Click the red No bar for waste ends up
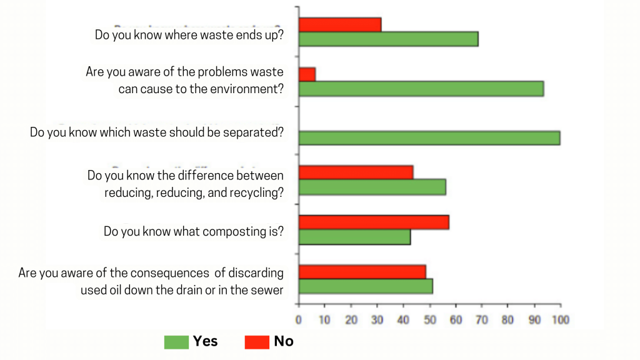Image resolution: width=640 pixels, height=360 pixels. (340, 24)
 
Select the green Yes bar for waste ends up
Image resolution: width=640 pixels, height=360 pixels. (388, 39)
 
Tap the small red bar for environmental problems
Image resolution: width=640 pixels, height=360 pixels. (307, 74)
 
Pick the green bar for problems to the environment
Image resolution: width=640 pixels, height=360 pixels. (421, 89)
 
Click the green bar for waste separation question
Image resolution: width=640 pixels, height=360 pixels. (429, 138)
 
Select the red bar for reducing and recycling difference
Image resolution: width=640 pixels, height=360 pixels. (356, 172)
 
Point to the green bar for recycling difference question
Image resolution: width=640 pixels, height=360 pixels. (372, 187)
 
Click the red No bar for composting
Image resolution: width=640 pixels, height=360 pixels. (374, 222)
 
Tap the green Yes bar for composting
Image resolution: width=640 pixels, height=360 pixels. (354, 237)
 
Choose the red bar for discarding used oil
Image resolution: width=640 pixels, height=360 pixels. (362, 272)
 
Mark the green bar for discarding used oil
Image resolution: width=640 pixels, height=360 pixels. (366, 286)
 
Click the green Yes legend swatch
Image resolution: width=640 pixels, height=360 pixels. (176, 342)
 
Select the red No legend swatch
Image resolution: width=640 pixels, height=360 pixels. (256, 342)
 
